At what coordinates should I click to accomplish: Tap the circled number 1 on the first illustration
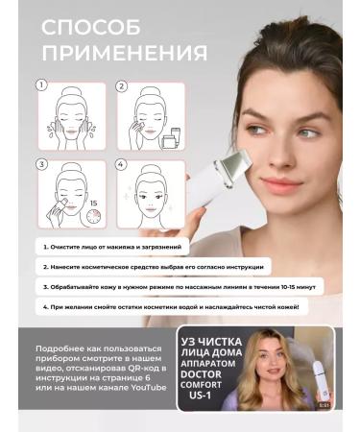tap(41, 85)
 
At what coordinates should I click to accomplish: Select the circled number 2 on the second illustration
tap(122, 85)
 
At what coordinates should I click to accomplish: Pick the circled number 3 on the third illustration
tap(41, 164)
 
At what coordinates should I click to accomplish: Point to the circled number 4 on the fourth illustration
tap(122, 164)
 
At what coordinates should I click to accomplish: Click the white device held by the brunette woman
tap(216, 182)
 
